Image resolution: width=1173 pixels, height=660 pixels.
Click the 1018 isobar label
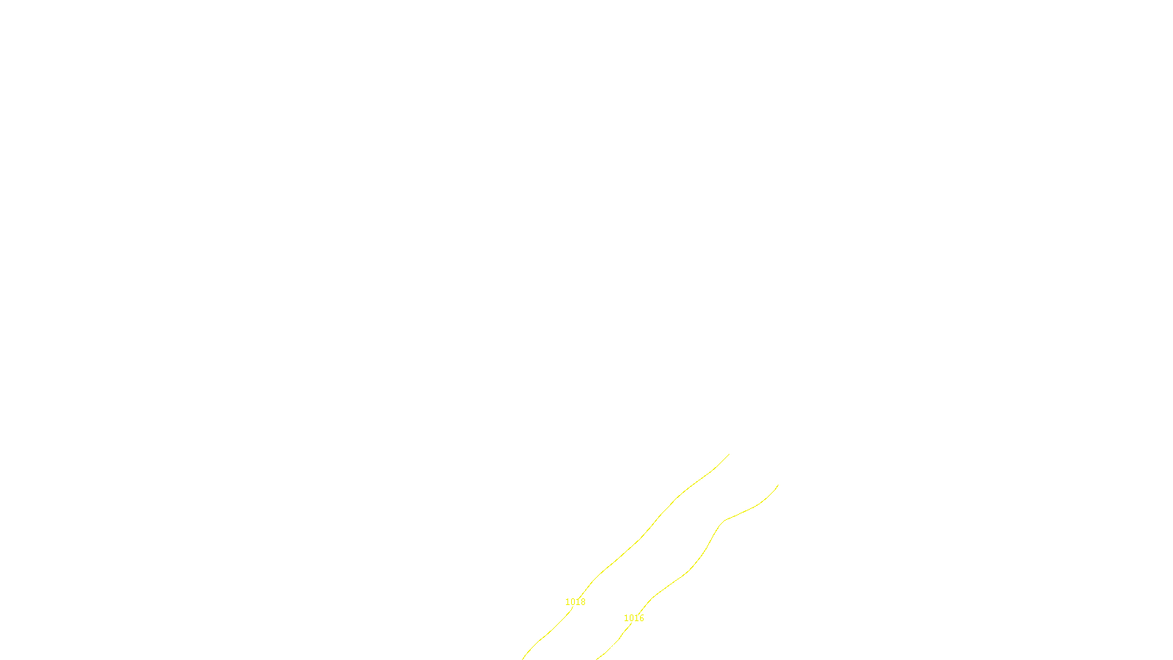point(575,602)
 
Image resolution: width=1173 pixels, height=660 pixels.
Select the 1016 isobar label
point(633,618)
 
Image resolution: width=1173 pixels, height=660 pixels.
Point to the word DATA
point(619,648)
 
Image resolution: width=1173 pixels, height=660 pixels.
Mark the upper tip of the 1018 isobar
point(729,455)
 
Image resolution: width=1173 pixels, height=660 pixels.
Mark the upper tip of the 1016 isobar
point(777,485)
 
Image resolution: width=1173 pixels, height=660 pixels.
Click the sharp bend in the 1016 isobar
point(724,521)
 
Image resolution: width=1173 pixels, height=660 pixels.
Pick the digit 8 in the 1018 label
point(583,602)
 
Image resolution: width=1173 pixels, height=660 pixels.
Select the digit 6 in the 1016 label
point(641,618)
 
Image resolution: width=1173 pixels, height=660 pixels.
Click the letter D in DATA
point(612,648)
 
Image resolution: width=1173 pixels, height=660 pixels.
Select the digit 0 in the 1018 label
point(573,602)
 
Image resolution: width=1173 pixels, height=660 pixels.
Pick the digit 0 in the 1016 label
point(631,618)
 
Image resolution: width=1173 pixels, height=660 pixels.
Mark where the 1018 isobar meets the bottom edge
point(523,659)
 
